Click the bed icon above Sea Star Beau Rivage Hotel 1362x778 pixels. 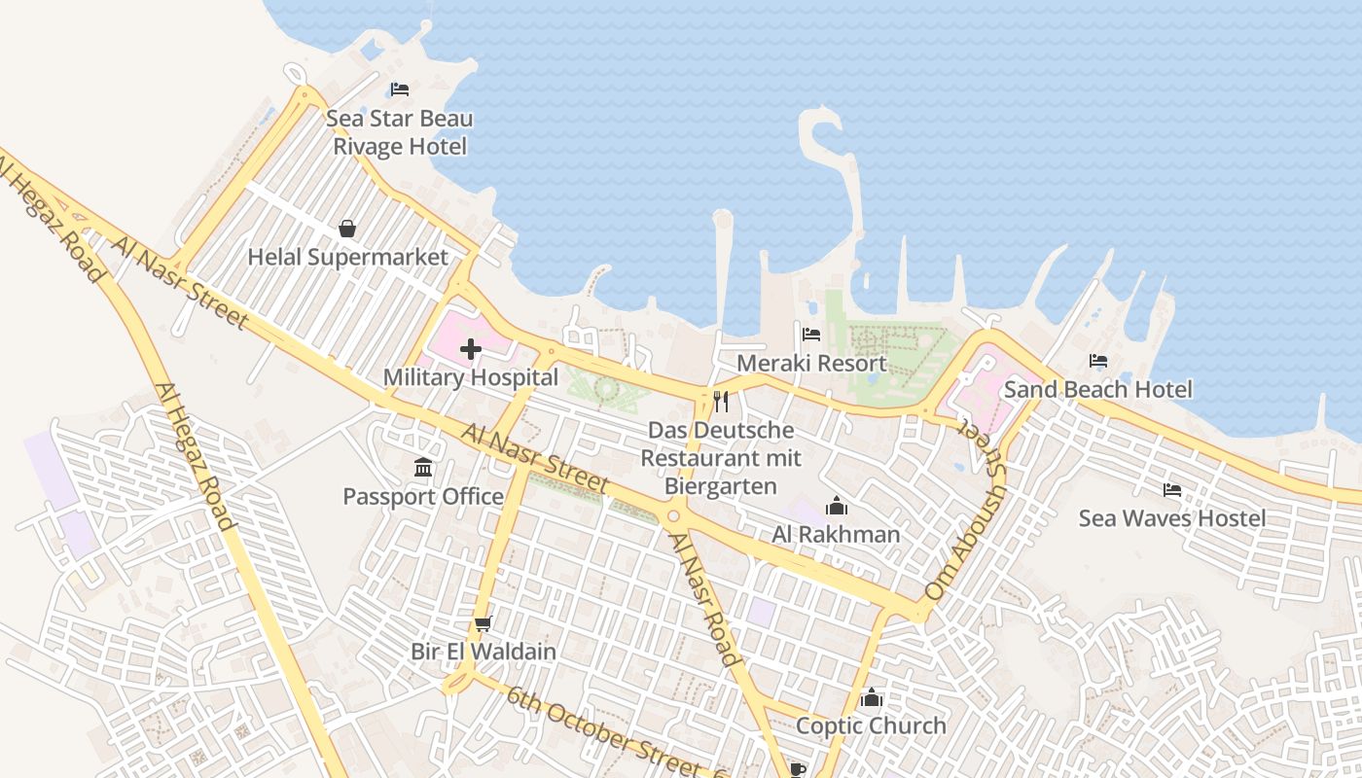pyautogui.click(x=400, y=89)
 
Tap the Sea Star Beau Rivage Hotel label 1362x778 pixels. pyautogui.click(x=400, y=132)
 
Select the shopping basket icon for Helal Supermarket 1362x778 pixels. pyautogui.click(x=347, y=229)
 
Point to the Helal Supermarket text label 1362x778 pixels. pyautogui.click(x=347, y=257)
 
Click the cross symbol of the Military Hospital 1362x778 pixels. pyautogui.click(x=471, y=348)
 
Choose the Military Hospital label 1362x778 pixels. pyautogui.click(x=471, y=377)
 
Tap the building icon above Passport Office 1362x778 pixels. pyautogui.click(x=423, y=468)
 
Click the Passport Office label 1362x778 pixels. pyautogui.click(x=423, y=496)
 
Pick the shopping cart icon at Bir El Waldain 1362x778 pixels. pyautogui.click(x=483, y=623)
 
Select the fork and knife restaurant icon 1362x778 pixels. pyautogui.click(x=721, y=401)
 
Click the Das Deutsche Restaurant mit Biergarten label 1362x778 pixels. pyautogui.click(x=721, y=458)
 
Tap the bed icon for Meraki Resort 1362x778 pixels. pyautogui.click(x=811, y=335)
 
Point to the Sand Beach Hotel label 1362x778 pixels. pyautogui.click(x=1097, y=389)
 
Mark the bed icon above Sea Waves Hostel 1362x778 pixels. pyautogui.click(x=1172, y=489)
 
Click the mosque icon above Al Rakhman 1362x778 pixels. pyautogui.click(x=836, y=506)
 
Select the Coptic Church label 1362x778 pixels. pyautogui.click(x=871, y=725)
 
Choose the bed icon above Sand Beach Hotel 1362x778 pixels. pyautogui.click(x=1098, y=361)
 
